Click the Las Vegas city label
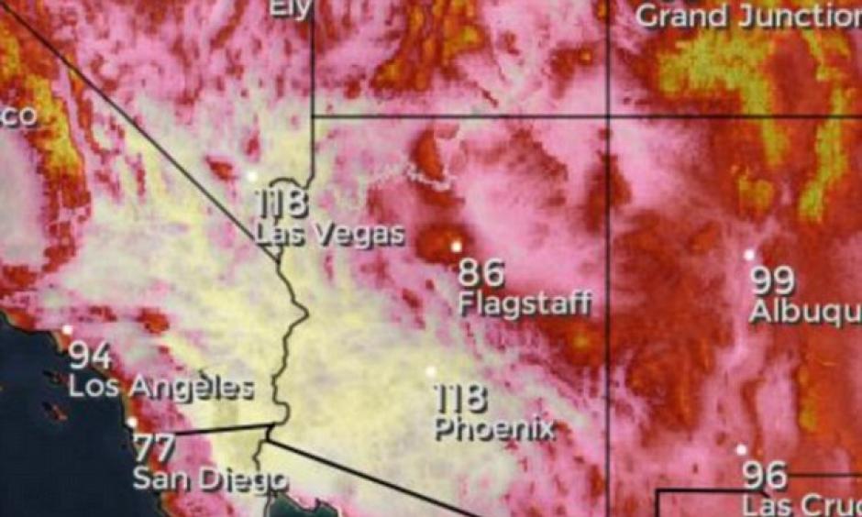click(329, 234)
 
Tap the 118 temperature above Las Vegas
click(282, 203)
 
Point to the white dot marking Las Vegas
click(253, 175)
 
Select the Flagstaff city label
click(525, 304)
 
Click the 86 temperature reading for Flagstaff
click(482, 273)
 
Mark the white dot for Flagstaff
click(456, 246)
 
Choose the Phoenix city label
click(494, 428)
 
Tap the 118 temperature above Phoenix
click(460, 399)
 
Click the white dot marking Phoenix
click(431, 371)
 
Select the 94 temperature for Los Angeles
click(92, 356)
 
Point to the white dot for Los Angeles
click(67, 329)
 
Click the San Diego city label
click(210, 479)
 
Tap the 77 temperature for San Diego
click(155, 449)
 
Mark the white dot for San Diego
click(133, 423)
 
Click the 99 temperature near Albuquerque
click(773, 280)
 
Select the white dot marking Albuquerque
click(749, 254)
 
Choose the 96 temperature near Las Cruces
click(764, 476)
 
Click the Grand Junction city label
click(747, 16)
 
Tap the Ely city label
click(291, 8)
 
